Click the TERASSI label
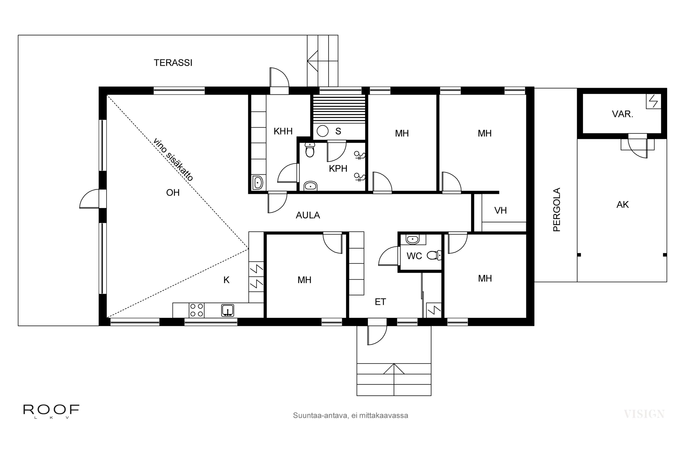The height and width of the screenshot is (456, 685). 173,63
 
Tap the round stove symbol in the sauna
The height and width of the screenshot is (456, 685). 322,131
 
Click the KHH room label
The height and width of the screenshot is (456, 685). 283,132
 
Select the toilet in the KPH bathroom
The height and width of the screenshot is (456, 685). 310,150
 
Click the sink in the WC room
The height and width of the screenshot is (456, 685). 412,240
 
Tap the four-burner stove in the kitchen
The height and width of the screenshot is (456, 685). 197,310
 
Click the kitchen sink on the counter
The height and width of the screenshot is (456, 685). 227,310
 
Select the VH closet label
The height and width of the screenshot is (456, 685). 500,210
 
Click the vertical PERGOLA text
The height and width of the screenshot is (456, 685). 557,209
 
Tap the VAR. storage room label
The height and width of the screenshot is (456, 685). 622,114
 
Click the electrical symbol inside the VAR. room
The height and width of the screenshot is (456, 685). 653,101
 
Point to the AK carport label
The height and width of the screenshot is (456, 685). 622,205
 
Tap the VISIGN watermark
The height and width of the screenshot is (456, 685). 644,414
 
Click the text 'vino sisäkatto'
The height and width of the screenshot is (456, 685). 173,160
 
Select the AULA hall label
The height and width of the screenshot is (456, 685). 308,215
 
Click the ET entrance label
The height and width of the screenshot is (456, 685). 380,302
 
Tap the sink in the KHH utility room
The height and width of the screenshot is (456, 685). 258,183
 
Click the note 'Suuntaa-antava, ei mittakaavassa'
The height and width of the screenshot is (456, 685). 350,416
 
